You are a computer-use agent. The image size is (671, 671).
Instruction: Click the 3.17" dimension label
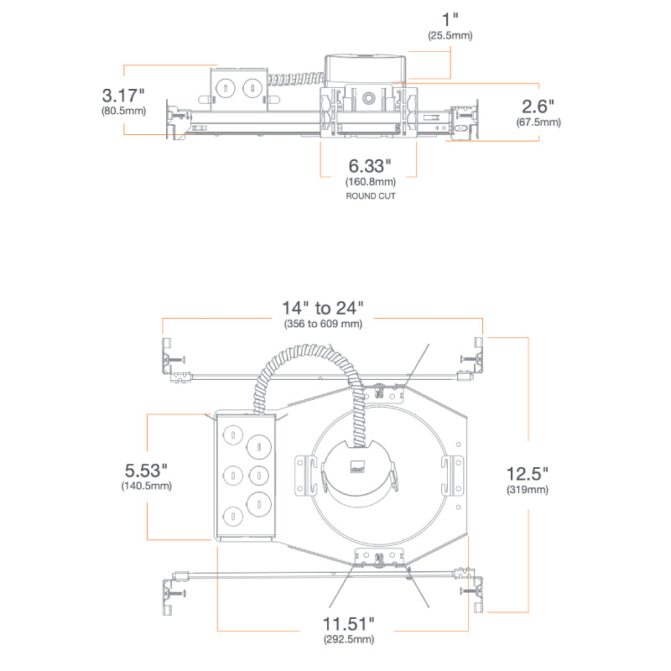tap(123, 96)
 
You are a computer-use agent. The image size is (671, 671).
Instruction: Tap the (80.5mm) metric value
tap(123, 111)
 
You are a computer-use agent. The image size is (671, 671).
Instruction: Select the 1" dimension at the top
tap(450, 19)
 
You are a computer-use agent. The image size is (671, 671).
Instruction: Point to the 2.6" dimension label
tap(538, 107)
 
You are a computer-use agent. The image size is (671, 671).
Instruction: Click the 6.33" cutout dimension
tap(370, 166)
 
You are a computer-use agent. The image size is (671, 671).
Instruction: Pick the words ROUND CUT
tap(371, 196)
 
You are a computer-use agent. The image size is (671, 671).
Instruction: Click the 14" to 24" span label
tap(323, 308)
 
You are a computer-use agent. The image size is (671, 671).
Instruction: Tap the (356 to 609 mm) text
tap(323, 324)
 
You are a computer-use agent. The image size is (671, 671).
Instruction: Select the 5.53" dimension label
tap(146, 471)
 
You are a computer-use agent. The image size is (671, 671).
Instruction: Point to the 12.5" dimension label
tap(528, 474)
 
